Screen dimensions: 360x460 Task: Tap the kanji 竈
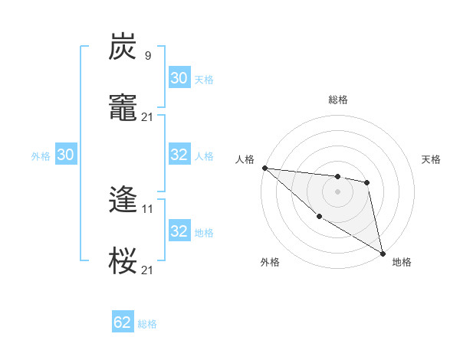click(x=123, y=108)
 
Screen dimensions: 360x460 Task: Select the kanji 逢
click(x=123, y=200)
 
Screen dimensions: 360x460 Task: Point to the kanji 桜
click(x=123, y=261)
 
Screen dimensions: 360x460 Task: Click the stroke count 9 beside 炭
click(x=147, y=55)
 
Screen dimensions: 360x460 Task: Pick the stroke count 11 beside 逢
click(x=148, y=208)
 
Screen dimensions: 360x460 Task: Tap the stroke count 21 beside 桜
click(x=148, y=270)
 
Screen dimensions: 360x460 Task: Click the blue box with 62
click(x=123, y=322)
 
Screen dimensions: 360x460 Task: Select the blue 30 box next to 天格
click(x=179, y=78)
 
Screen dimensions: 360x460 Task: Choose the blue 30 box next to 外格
click(x=65, y=155)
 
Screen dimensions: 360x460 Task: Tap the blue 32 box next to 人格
click(x=179, y=155)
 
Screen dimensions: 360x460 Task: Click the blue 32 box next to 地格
click(x=179, y=231)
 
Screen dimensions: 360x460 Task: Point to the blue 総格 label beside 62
click(x=147, y=324)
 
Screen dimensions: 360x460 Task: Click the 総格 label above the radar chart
click(x=337, y=100)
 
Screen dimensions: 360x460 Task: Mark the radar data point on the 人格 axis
click(x=264, y=168)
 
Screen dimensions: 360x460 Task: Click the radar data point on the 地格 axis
click(x=382, y=253)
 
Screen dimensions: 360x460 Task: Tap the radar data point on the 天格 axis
click(x=367, y=182)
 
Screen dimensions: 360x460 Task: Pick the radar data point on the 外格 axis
click(x=319, y=217)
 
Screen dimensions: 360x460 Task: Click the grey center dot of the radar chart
click(x=337, y=191)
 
